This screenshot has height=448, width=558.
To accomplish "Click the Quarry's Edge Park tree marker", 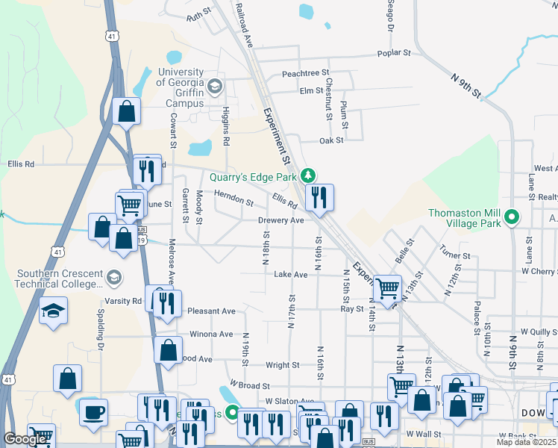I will point(307,176).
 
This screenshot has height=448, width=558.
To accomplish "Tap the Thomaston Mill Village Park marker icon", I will point(512,218).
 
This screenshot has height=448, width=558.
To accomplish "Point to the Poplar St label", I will point(395,54).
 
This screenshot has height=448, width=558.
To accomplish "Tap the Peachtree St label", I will point(306,73).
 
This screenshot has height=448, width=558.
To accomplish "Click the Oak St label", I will point(330,140).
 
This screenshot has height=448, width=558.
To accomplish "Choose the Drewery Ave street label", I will point(280,220).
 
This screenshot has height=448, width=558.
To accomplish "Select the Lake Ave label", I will point(291,275).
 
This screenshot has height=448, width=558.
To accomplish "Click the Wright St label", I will point(283,365).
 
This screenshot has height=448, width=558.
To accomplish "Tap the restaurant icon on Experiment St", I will point(319,197).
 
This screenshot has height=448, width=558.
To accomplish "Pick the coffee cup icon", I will point(94,411).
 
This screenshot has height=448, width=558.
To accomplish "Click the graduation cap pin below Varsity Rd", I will point(53,309).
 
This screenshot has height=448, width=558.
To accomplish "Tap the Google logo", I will point(25,439).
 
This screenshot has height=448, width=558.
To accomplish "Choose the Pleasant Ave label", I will point(212,311).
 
